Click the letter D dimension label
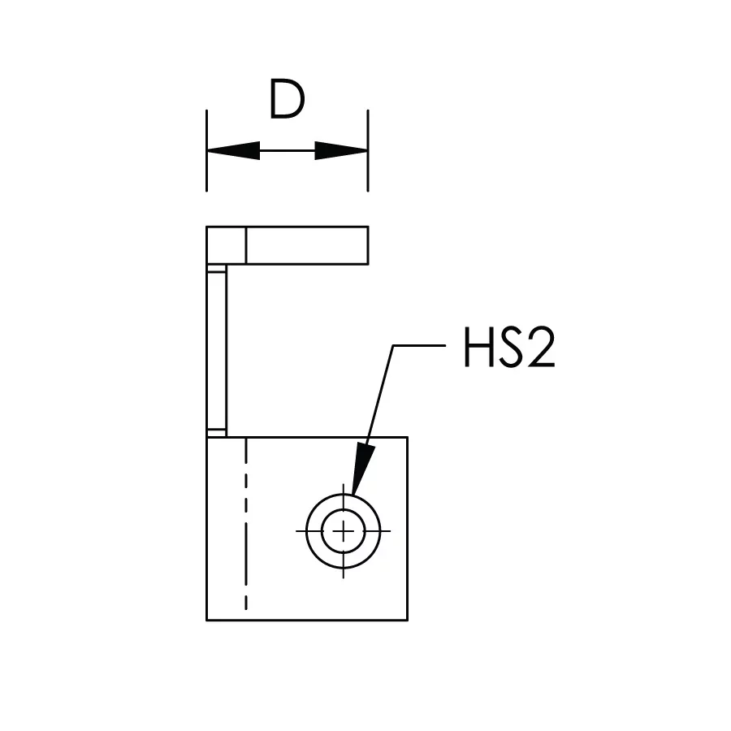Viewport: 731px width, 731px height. click(287, 99)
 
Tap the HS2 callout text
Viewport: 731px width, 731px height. click(509, 348)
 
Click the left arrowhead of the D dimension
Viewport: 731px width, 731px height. click(233, 150)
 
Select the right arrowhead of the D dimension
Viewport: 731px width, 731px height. click(341, 150)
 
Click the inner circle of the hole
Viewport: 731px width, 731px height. click(344, 509)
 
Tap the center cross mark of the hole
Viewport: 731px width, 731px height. click(343, 531)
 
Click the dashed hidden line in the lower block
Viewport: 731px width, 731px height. click(245, 524)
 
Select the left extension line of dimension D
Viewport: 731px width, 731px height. click(206, 150)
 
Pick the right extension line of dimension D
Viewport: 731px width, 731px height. click(368, 150)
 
